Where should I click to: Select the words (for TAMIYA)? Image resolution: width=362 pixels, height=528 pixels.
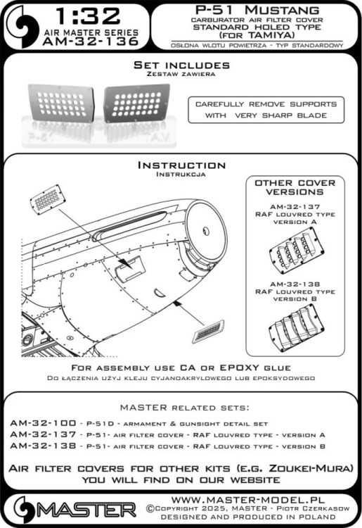[x=256, y=35]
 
